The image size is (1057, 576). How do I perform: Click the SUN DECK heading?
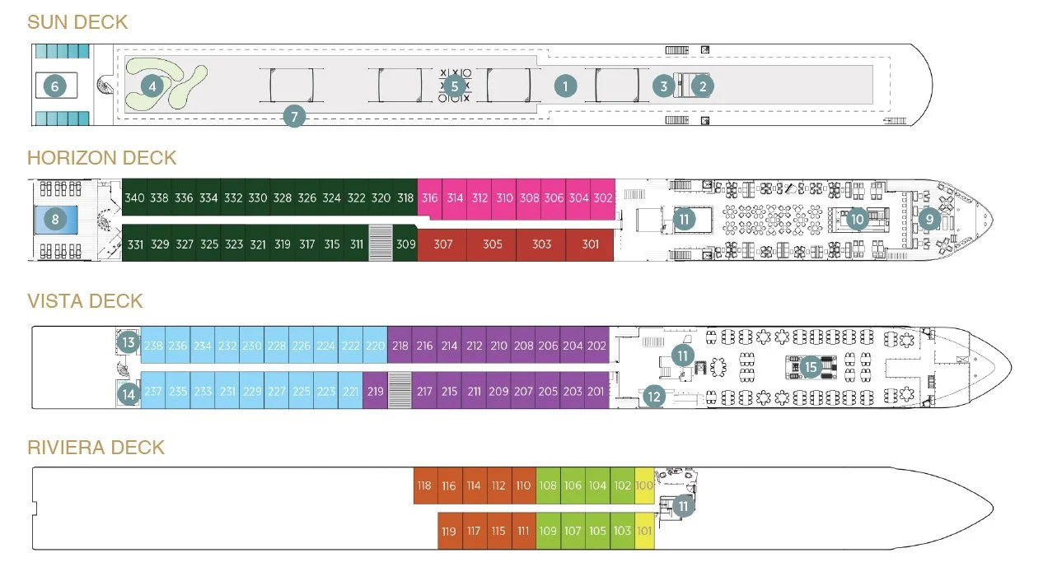pos(77,22)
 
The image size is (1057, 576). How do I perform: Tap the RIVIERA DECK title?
pos(96,448)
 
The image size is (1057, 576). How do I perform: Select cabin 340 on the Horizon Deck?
pos(134,198)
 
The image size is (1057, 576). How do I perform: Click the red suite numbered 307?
pos(442,244)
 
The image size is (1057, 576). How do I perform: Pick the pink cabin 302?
pos(603,198)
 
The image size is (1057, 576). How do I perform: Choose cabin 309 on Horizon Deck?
pos(405,244)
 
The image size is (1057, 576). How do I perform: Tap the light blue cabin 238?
pos(153,346)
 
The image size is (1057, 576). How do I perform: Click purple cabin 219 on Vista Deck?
pos(375,391)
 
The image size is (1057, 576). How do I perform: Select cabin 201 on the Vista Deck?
pos(596,391)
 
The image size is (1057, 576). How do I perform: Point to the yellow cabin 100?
pos(645,485)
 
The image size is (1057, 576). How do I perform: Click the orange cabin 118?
pos(424,485)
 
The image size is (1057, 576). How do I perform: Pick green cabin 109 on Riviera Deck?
pos(548,532)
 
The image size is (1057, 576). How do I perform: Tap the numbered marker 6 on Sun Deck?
pos(55,86)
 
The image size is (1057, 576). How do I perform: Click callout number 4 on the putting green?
pos(152,85)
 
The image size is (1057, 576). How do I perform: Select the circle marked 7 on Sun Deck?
pos(294,117)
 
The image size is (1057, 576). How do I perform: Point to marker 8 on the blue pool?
pos(55,219)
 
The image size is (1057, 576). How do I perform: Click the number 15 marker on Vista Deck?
pos(811,367)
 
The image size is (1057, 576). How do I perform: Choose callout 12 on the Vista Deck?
pos(653,397)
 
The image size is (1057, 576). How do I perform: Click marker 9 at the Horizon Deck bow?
pos(929,219)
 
